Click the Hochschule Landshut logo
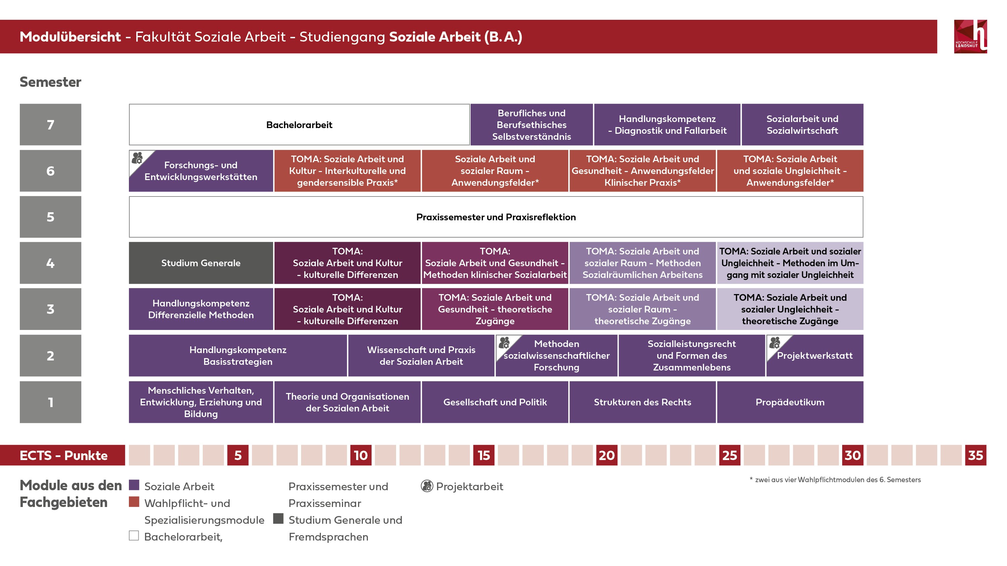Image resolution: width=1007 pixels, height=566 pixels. pos(970,36)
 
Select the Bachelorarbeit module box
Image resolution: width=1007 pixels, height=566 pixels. pos(299,125)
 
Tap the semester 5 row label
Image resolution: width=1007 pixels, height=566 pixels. pos(50,217)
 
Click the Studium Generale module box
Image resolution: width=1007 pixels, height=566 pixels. pos(201,263)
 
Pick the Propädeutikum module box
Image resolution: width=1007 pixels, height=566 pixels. pos(790,402)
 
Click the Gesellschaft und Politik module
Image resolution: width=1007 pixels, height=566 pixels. pos(495,402)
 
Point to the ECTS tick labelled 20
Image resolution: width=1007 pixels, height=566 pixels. pos(606,455)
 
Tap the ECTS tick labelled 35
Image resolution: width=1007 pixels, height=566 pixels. pos(975,455)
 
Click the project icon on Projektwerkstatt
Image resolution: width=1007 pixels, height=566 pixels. pos(774,343)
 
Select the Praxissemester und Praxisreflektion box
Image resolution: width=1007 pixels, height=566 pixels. pos(496,217)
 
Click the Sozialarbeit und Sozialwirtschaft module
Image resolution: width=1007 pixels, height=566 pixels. pos(802,125)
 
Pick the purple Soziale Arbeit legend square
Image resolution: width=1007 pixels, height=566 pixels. pos(134,485)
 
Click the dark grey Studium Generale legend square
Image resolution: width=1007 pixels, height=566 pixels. pos(278,518)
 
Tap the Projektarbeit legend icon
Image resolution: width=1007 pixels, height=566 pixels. pos(427,486)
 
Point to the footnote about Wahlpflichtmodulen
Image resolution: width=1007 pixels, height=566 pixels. pos(835,480)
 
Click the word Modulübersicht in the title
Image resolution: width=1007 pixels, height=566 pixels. pos(70,37)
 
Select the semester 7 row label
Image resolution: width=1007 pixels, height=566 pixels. pos(50,125)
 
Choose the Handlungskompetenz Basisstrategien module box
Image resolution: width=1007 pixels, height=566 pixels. pos(238,355)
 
